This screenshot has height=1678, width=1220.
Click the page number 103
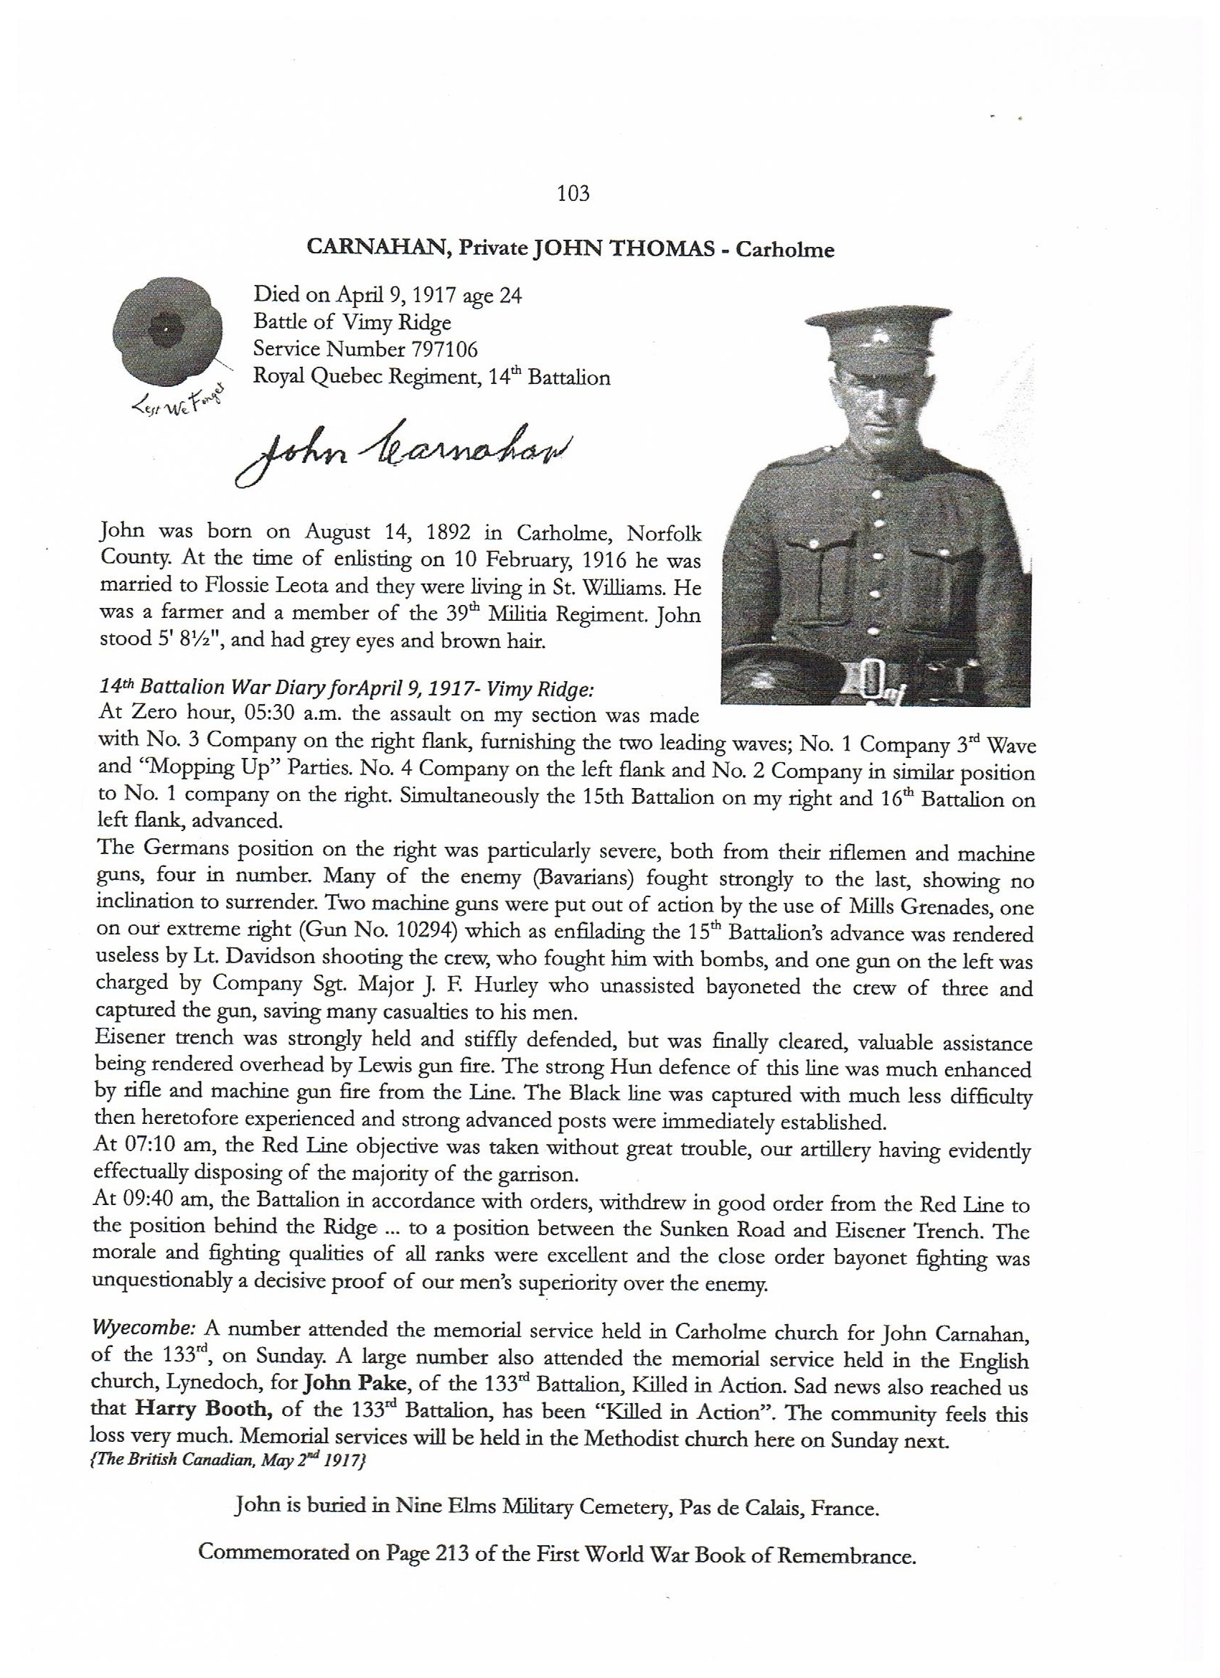573,194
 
